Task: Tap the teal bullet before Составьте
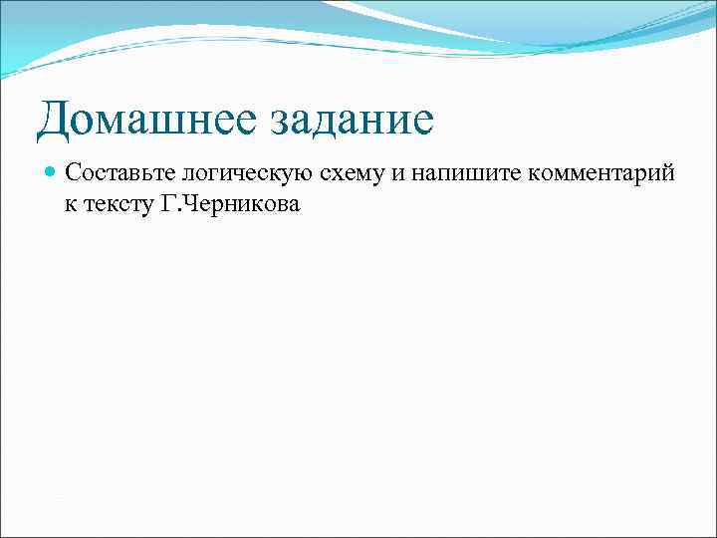(51, 172)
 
